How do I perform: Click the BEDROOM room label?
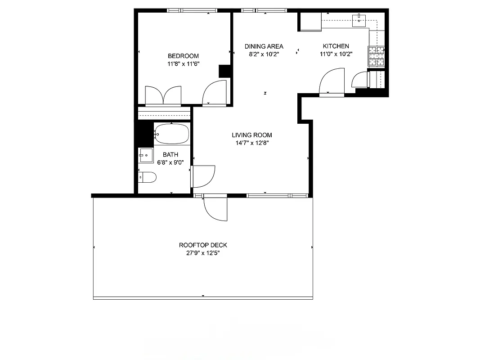coord(183,56)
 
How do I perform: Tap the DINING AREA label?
coord(264,46)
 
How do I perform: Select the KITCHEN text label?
coord(336,46)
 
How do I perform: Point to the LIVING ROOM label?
coord(251,135)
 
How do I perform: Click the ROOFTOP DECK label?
coord(203,245)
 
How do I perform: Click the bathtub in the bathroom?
coord(171,134)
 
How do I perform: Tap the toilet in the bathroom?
coord(147,178)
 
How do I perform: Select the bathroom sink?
coord(145,155)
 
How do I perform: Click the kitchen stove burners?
coord(377,56)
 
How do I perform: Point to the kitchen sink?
coord(359,19)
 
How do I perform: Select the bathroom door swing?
coord(203,176)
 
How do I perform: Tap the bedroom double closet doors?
coord(163,96)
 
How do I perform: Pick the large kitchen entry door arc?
coord(331,81)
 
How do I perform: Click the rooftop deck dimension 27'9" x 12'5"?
coord(203,253)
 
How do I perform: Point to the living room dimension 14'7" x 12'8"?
coord(251,143)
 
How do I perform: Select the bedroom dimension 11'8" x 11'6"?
coord(183,64)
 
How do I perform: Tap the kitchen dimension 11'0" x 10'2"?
coord(336,54)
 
